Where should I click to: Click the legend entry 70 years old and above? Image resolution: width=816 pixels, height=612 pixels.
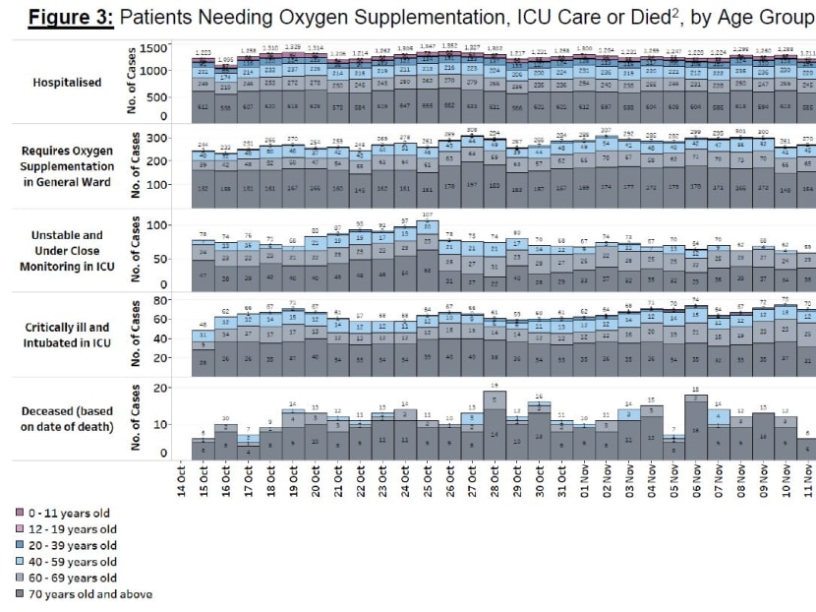[x=85, y=594]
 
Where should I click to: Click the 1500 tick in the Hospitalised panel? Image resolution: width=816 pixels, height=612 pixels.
[x=153, y=48]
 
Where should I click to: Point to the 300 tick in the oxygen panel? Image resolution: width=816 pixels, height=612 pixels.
[x=157, y=139]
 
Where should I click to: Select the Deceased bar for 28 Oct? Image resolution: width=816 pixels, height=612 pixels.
[x=494, y=424]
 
